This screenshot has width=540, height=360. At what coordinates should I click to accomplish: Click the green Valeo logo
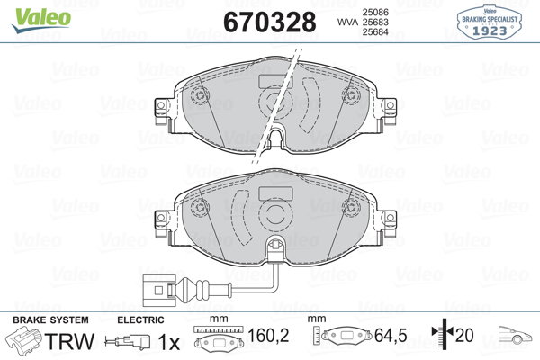pyautogui.click(x=41, y=21)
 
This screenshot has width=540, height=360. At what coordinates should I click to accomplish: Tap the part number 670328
pyautogui.click(x=270, y=22)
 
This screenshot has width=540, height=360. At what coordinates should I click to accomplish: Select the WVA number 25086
pyautogui.click(x=375, y=12)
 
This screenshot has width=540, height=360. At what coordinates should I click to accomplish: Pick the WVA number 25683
pyautogui.click(x=375, y=22)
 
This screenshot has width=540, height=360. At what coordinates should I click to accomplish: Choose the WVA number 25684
pyautogui.click(x=375, y=32)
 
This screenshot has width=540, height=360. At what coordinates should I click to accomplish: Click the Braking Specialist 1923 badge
pyautogui.click(x=490, y=22)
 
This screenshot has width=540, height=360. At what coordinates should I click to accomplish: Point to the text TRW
pyautogui.click(x=69, y=341)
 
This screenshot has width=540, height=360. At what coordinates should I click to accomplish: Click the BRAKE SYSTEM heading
pyautogui.click(x=50, y=320)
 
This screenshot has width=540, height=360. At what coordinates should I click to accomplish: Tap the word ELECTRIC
pyautogui.click(x=140, y=320)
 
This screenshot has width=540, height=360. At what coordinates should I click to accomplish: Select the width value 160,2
pyautogui.click(x=268, y=335)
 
